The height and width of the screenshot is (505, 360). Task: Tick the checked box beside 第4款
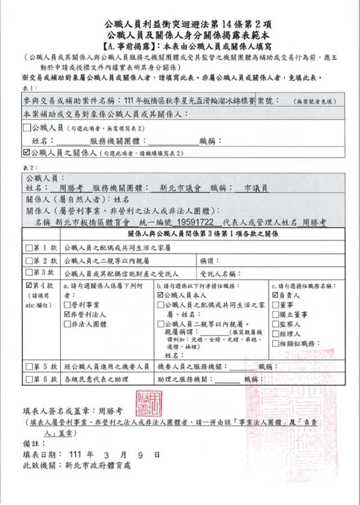point(29,285)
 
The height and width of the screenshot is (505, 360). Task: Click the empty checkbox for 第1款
point(29,248)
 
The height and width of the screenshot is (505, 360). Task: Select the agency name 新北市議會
point(178,188)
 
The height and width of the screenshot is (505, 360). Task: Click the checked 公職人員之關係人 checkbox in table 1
point(27,152)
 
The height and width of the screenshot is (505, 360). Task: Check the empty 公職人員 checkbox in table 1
point(27,127)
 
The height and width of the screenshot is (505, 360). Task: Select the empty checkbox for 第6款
point(29,380)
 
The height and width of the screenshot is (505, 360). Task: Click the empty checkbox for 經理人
point(275,333)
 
